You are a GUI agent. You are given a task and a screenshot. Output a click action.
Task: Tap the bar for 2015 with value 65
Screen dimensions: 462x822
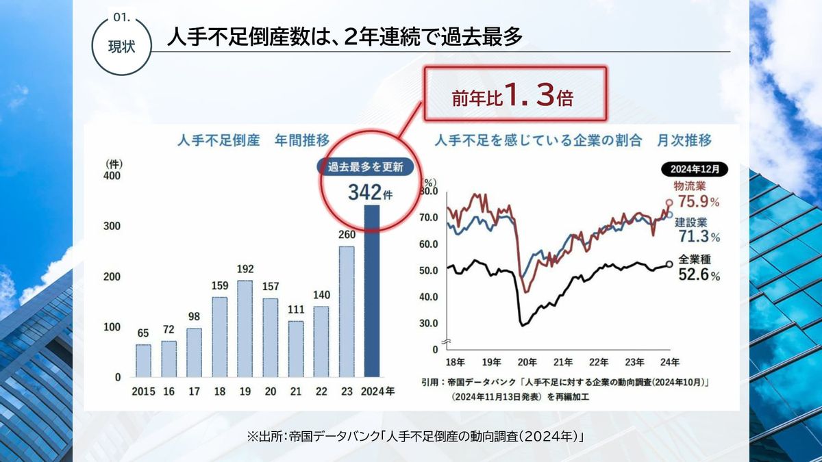(x=143, y=360)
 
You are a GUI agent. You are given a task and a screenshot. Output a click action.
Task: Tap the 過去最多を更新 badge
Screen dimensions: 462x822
(x=365, y=166)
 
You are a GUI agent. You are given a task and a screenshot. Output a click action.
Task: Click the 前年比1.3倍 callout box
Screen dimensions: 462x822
(x=516, y=96)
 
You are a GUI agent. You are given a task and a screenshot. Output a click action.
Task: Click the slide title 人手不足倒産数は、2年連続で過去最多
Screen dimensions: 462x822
(x=345, y=37)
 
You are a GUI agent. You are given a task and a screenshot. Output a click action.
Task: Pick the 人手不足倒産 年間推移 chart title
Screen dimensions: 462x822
(x=253, y=141)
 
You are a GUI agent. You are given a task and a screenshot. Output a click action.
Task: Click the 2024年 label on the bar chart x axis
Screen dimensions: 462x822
(x=377, y=392)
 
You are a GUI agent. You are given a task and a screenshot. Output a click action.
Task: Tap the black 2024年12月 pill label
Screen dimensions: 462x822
(x=695, y=168)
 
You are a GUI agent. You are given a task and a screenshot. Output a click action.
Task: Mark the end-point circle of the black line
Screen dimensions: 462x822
(x=669, y=264)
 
